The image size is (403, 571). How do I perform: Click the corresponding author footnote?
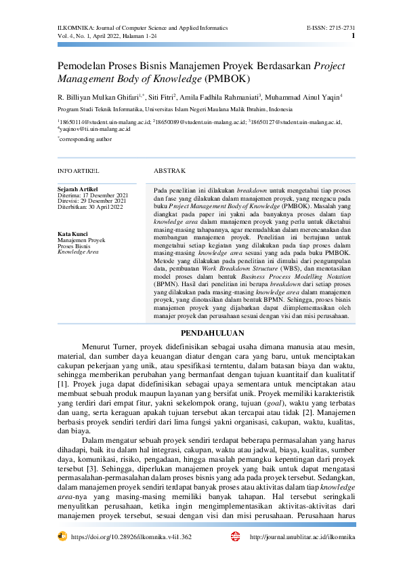pyautogui.click(x=86, y=138)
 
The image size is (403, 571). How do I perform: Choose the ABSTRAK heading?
pyautogui.click(x=166, y=171)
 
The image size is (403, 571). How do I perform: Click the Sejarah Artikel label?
pyautogui.click(x=78, y=189)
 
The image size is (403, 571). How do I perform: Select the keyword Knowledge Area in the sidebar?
pyautogui.click(x=78, y=252)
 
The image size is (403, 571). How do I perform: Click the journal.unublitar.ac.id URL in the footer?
pyautogui.click(x=302, y=536)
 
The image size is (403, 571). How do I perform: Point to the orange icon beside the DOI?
pyautogui.click(x=62, y=536)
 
